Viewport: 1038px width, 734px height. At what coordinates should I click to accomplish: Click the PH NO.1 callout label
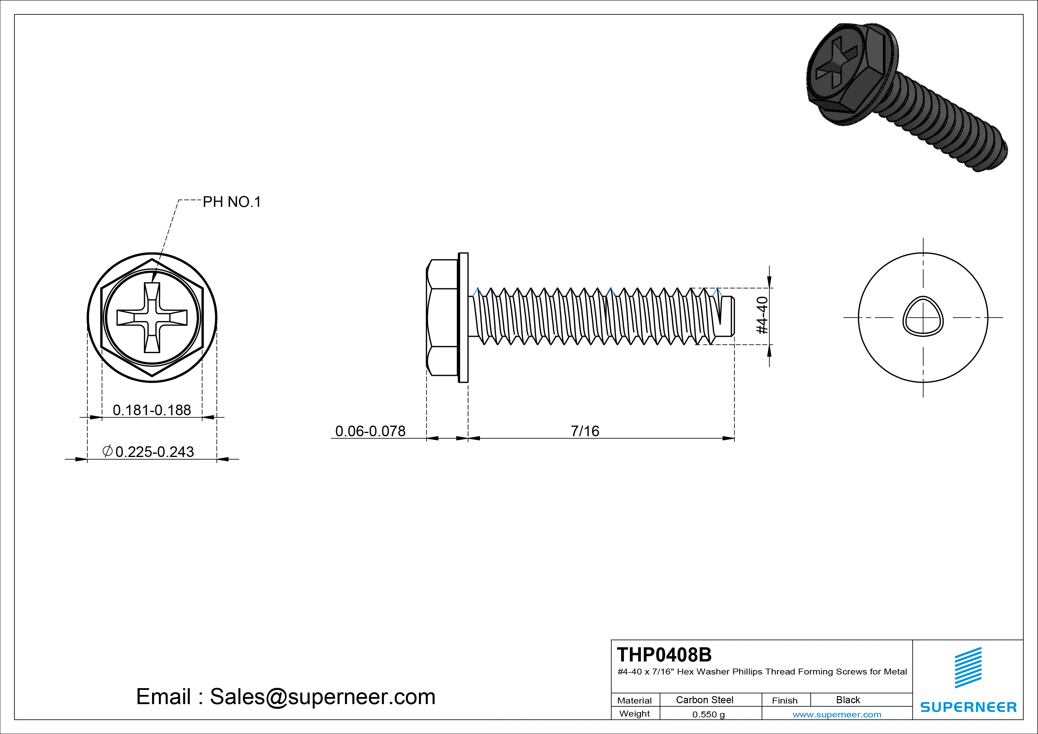(231, 202)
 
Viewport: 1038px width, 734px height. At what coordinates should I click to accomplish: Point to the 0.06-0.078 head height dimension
(370, 431)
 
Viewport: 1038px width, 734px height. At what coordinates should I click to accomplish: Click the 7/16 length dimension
(585, 431)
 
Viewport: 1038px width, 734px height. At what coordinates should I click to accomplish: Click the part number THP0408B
(664, 654)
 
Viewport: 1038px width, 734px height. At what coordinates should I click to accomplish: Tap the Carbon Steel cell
(704, 700)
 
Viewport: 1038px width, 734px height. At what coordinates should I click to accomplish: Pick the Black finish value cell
(848, 700)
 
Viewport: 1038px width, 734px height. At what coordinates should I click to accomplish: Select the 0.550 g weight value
(708, 714)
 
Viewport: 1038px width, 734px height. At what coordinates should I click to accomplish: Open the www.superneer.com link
(836, 714)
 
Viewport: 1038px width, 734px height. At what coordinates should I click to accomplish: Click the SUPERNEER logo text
(968, 707)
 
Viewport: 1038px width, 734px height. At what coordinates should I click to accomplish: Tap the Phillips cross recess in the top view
(152, 318)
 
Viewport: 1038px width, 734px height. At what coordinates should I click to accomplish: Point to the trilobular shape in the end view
(923, 317)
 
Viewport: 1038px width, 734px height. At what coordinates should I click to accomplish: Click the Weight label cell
(634, 714)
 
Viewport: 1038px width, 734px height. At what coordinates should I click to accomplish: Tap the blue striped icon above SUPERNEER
(968, 667)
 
